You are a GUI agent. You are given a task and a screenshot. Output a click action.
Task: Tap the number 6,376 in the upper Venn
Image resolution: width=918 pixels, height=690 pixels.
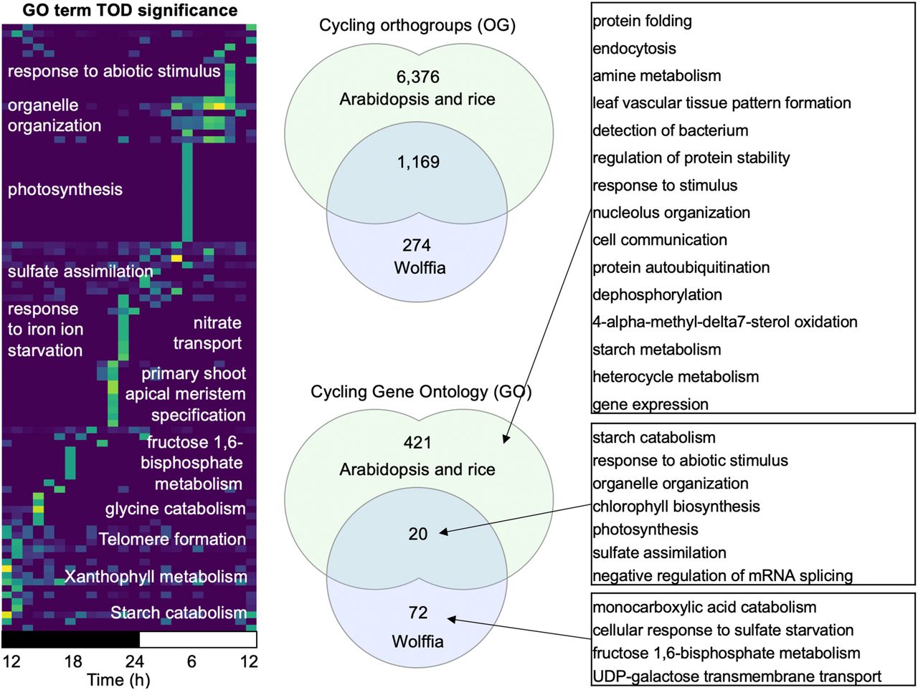417,77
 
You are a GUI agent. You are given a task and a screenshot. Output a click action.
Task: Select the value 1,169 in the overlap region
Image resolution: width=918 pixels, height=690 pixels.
417,162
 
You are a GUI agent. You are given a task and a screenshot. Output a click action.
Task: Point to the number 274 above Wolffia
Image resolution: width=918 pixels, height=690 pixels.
417,245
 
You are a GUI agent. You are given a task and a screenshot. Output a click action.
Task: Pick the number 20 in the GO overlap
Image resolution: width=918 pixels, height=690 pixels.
417,533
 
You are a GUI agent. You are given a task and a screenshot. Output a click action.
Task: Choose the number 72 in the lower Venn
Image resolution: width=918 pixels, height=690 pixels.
417,612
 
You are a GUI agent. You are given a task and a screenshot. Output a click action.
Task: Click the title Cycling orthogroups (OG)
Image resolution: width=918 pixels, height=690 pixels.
417,26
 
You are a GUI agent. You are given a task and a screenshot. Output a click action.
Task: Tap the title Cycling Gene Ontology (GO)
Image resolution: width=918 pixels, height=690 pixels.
421,392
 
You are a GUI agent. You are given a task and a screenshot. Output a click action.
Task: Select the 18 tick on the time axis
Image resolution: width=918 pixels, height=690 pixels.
73,661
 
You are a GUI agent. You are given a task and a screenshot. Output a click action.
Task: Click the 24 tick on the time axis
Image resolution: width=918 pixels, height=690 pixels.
134,661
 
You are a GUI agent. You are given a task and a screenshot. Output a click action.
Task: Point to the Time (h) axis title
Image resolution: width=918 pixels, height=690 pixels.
118,679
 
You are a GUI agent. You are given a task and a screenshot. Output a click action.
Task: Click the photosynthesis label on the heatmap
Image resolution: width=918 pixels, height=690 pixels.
65,190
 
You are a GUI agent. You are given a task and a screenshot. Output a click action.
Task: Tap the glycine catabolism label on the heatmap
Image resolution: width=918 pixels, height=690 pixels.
175,509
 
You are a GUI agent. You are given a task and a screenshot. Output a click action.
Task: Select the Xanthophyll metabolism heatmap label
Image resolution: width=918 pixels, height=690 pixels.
156,577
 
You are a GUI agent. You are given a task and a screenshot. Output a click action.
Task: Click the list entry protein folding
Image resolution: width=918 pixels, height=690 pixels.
642,21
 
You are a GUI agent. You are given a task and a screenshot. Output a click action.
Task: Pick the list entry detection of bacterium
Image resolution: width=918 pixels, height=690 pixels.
670,130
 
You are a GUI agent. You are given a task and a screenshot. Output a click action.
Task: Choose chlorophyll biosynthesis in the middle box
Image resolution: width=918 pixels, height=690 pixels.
676,507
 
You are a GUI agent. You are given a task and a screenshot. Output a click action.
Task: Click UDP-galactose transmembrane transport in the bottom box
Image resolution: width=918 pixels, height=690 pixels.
737,676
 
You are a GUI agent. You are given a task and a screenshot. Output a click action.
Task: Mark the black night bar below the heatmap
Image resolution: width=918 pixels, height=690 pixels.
70,639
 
